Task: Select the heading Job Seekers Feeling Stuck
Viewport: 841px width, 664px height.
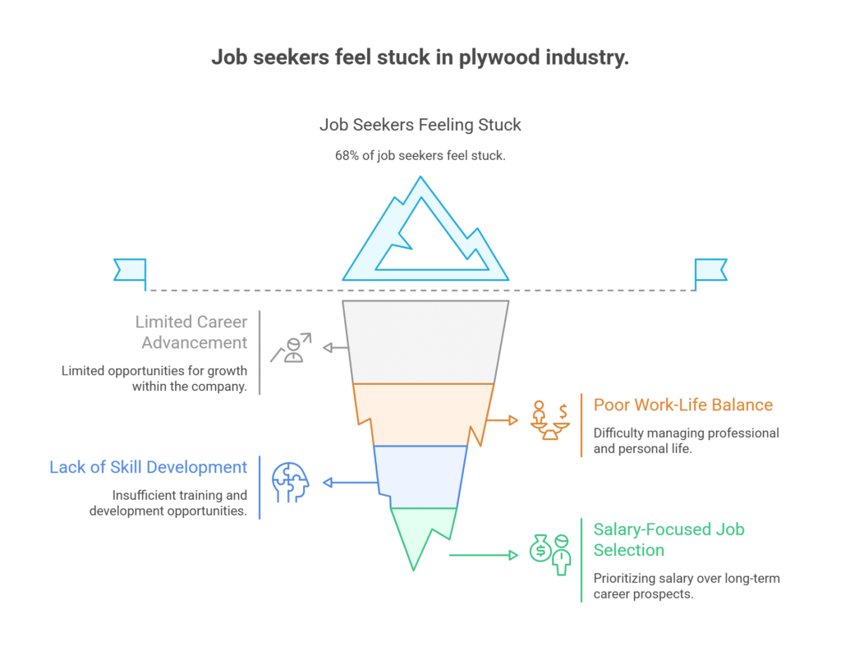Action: tap(420, 126)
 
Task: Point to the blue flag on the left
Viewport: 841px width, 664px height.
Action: tap(130, 269)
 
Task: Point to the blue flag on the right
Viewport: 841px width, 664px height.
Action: tap(710, 269)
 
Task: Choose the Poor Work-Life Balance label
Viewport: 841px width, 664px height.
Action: tap(682, 405)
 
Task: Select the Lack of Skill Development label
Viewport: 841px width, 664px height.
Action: tap(148, 467)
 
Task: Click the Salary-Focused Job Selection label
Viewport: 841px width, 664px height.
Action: tap(669, 538)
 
